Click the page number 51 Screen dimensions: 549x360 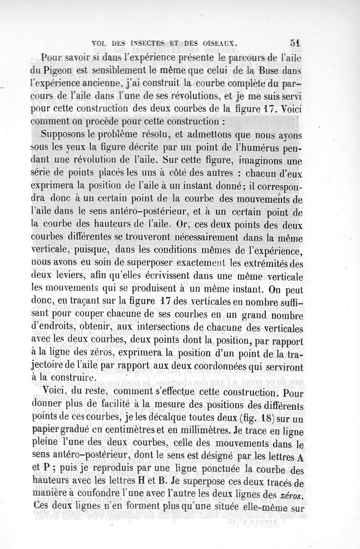[x=295, y=43]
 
